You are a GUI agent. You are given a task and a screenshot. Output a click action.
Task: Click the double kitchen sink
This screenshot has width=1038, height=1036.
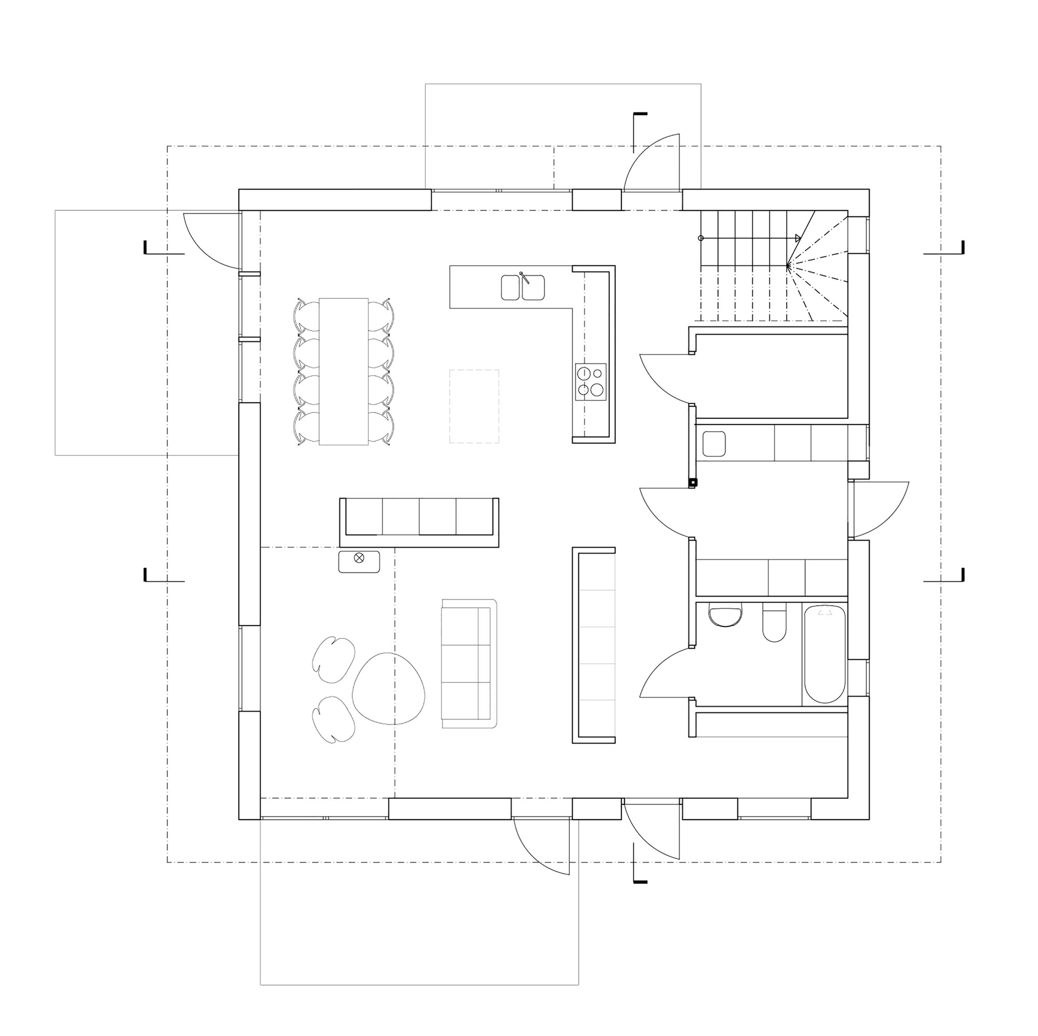(x=523, y=288)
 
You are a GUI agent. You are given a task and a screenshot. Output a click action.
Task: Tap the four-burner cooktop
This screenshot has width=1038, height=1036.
(x=591, y=381)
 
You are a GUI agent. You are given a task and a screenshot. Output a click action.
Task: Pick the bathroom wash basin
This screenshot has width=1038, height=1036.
(x=726, y=616)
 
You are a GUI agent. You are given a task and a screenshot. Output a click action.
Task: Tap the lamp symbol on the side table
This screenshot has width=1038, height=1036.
(x=359, y=558)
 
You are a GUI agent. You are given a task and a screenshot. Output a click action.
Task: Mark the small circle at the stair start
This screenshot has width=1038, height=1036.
(x=701, y=238)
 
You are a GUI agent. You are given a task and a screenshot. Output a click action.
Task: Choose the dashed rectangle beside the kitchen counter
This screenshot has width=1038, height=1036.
(x=474, y=406)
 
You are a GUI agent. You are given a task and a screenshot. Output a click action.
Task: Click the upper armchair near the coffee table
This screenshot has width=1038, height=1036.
(x=333, y=659)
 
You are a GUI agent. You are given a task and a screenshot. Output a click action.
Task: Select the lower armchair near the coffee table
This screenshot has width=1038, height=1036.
(x=333, y=719)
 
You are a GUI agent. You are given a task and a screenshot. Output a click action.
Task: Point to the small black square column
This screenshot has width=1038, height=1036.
(x=693, y=482)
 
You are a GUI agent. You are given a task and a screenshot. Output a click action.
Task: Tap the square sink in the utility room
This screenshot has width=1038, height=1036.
(x=714, y=444)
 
